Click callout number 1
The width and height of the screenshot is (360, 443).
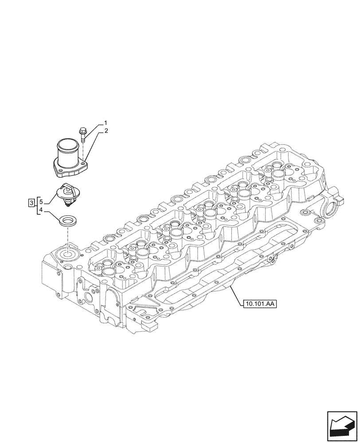[106, 122]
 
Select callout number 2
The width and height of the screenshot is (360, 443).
[106, 132]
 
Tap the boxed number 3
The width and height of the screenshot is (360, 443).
[31, 203]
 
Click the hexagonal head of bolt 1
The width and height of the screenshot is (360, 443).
[83, 130]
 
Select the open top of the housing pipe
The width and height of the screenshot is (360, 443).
[67, 144]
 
